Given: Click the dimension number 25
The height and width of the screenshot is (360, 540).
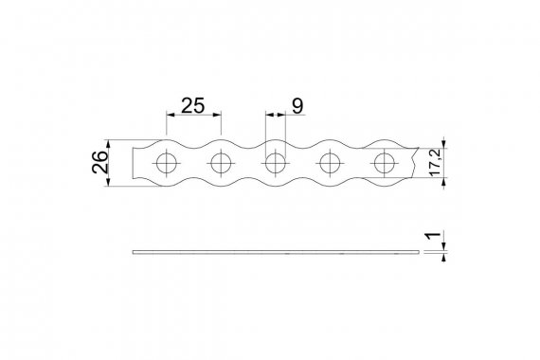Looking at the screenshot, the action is click(193, 105).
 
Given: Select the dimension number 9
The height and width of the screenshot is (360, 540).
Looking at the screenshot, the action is click(297, 106).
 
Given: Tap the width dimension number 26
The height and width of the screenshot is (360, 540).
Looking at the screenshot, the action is click(99, 162).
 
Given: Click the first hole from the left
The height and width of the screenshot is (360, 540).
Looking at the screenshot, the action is click(167, 163).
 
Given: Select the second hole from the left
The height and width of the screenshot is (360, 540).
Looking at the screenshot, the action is click(221, 163).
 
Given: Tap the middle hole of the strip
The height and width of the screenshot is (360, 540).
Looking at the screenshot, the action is click(275, 163).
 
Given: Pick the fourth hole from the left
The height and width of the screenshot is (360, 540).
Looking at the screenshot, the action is click(330, 163).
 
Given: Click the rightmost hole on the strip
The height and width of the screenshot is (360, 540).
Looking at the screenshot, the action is click(385, 163).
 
